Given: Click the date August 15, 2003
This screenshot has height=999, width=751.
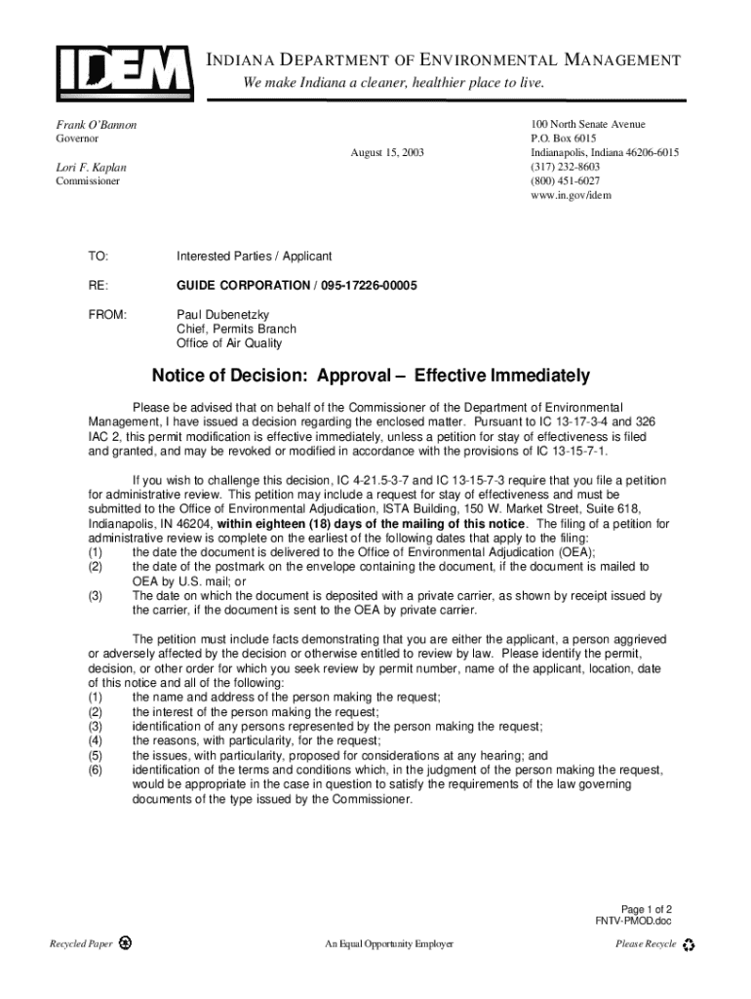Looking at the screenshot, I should (x=387, y=154).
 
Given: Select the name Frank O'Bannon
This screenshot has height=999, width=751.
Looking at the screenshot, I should (x=95, y=126).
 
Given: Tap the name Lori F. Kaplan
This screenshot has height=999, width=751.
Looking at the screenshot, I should (x=91, y=168).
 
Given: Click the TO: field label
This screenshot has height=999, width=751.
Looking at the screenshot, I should (x=99, y=257).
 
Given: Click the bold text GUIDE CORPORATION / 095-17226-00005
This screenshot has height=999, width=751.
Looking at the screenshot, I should (x=296, y=285).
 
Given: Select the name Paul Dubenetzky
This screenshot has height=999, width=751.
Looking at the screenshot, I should (x=222, y=315).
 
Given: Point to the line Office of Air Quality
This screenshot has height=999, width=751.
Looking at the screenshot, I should (x=229, y=343).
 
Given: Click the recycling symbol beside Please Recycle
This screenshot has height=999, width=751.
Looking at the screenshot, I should (x=689, y=944).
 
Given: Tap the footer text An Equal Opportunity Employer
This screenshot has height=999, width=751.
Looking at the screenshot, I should (x=389, y=944).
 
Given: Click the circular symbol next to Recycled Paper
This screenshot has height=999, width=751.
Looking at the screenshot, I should (x=125, y=944).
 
